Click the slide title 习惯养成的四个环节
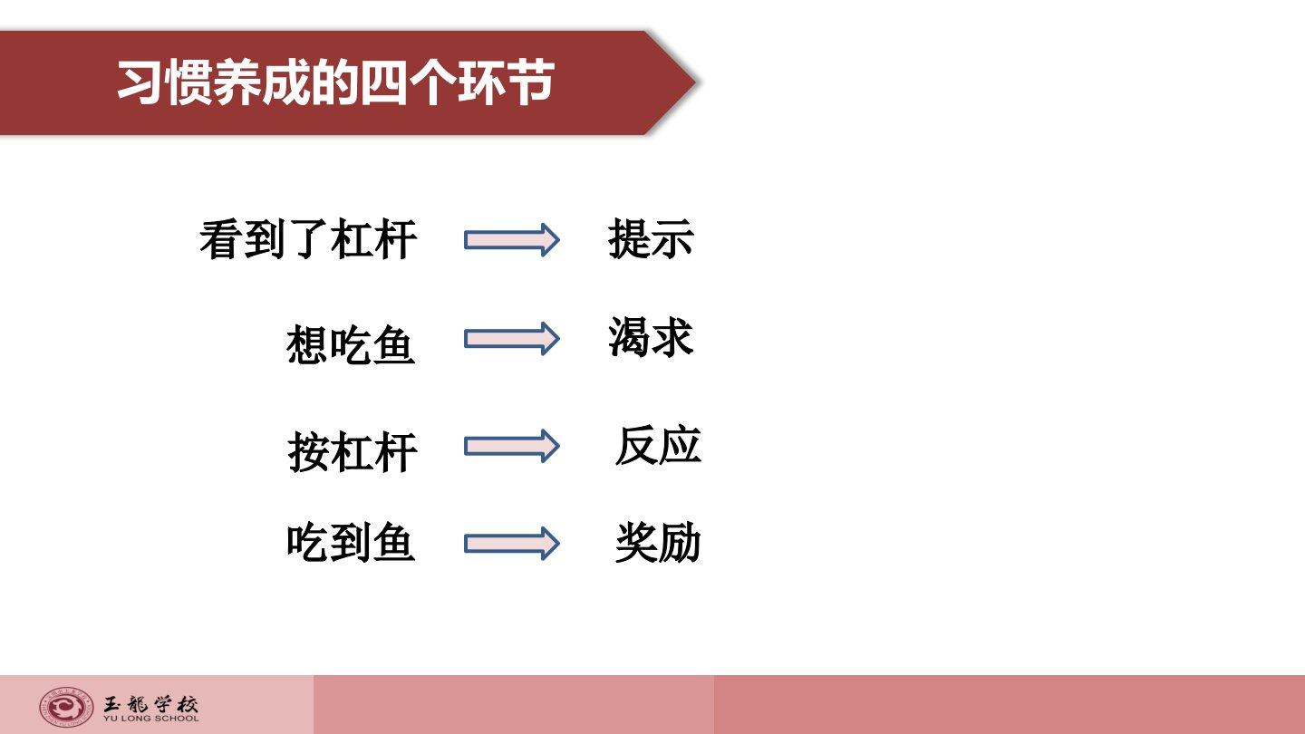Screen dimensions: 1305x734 (335, 82)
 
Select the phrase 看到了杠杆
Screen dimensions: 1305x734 (308, 239)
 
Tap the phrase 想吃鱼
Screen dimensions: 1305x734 (351, 344)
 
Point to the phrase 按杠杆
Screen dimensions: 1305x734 (353, 452)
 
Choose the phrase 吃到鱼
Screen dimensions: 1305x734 (351, 542)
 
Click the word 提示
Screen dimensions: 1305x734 (651, 238)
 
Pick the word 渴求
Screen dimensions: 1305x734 (651, 337)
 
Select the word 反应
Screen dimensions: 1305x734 (658, 446)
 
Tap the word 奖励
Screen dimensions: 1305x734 (658, 542)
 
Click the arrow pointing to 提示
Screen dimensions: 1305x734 (511, 239)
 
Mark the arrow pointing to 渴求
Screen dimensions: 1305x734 (511, 339)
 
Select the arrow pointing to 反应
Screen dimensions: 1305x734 (511, 446)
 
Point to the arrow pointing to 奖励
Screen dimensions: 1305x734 (511, 544)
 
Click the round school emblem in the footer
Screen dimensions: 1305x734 (66, 707)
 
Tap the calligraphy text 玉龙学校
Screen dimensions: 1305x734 (150, 704)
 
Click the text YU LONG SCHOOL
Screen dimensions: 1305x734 (150, 719)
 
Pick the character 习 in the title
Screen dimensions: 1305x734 (140, 82)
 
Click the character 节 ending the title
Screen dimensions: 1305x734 (530, 82)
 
